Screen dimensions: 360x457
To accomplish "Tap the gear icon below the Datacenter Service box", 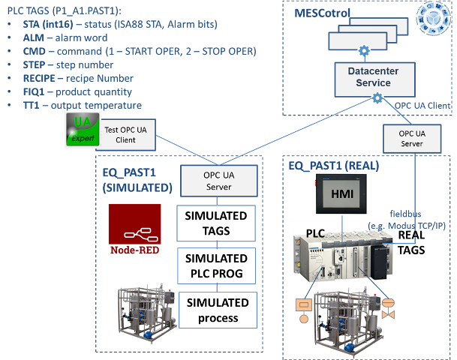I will [377, 98].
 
